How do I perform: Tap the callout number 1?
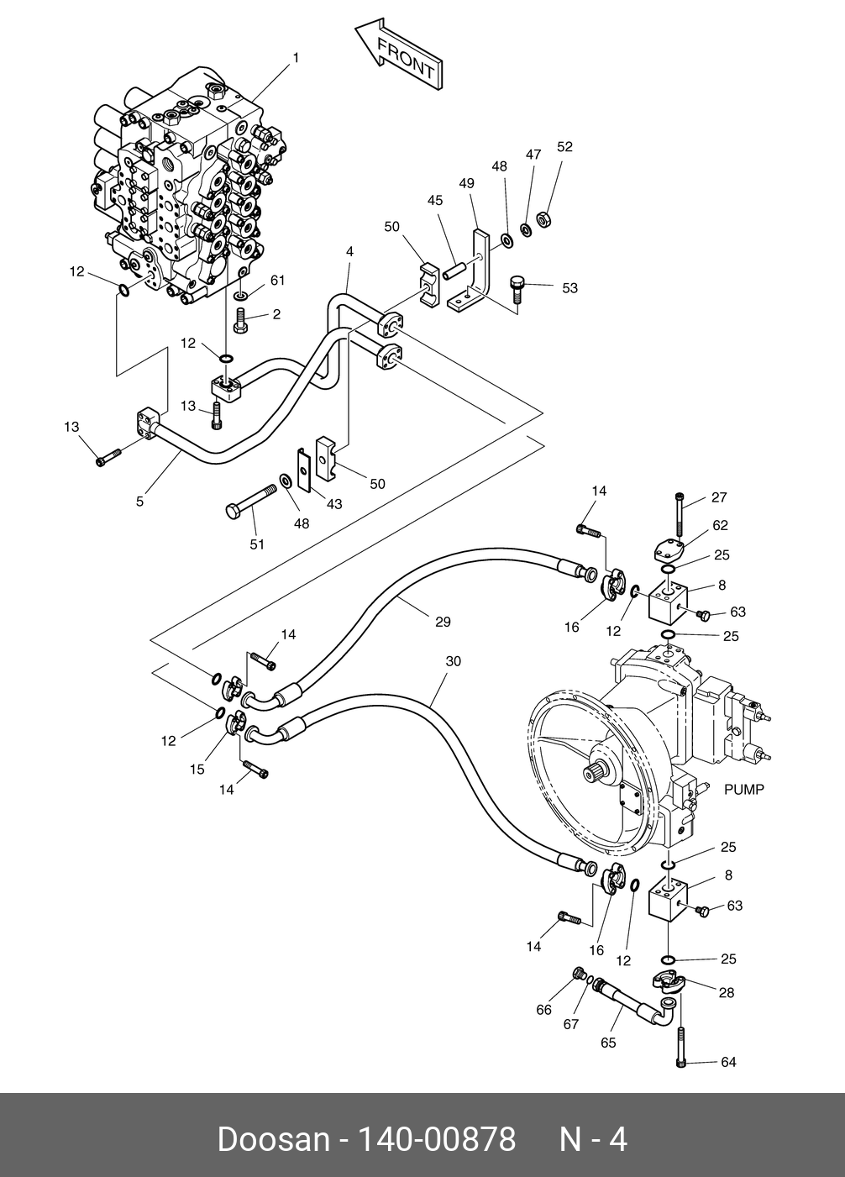click(296, 58)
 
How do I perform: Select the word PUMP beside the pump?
click(743, 790)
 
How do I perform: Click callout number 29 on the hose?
click(443, 622)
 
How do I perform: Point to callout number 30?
click(453, 661)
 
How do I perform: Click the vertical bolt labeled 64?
click(680, 1046)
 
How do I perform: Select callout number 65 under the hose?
click(608, 1043)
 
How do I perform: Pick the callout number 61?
click(277, 280)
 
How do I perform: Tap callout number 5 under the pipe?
click(139, 502)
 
